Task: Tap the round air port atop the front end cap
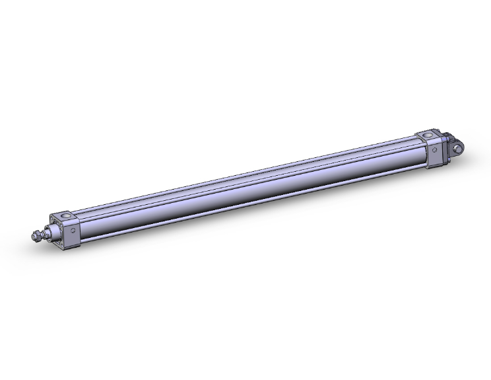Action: [66, 215]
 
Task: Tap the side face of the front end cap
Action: [73, 235]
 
